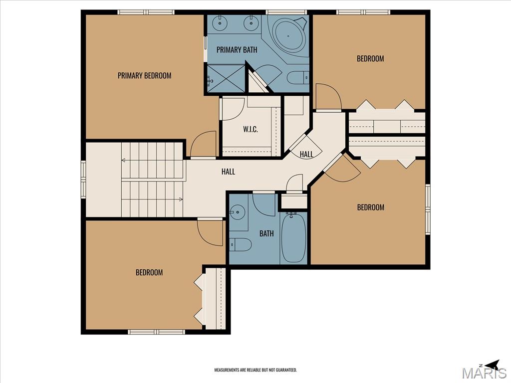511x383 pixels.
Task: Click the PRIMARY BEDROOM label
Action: [144, 76]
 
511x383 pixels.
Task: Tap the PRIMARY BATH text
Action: [237, 50]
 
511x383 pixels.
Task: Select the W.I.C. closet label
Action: [251, 129]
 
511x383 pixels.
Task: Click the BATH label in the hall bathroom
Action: [266, 233]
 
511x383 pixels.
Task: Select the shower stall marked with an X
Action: [226, 78]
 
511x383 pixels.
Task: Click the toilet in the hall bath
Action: [240, 244]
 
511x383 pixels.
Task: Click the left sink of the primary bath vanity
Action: [220, 23]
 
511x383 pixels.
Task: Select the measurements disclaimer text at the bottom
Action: [255, 370]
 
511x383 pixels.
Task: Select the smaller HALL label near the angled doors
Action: [306, 154]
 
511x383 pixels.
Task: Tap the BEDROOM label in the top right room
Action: [370, 59]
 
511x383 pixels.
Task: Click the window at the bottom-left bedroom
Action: [156, 332]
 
